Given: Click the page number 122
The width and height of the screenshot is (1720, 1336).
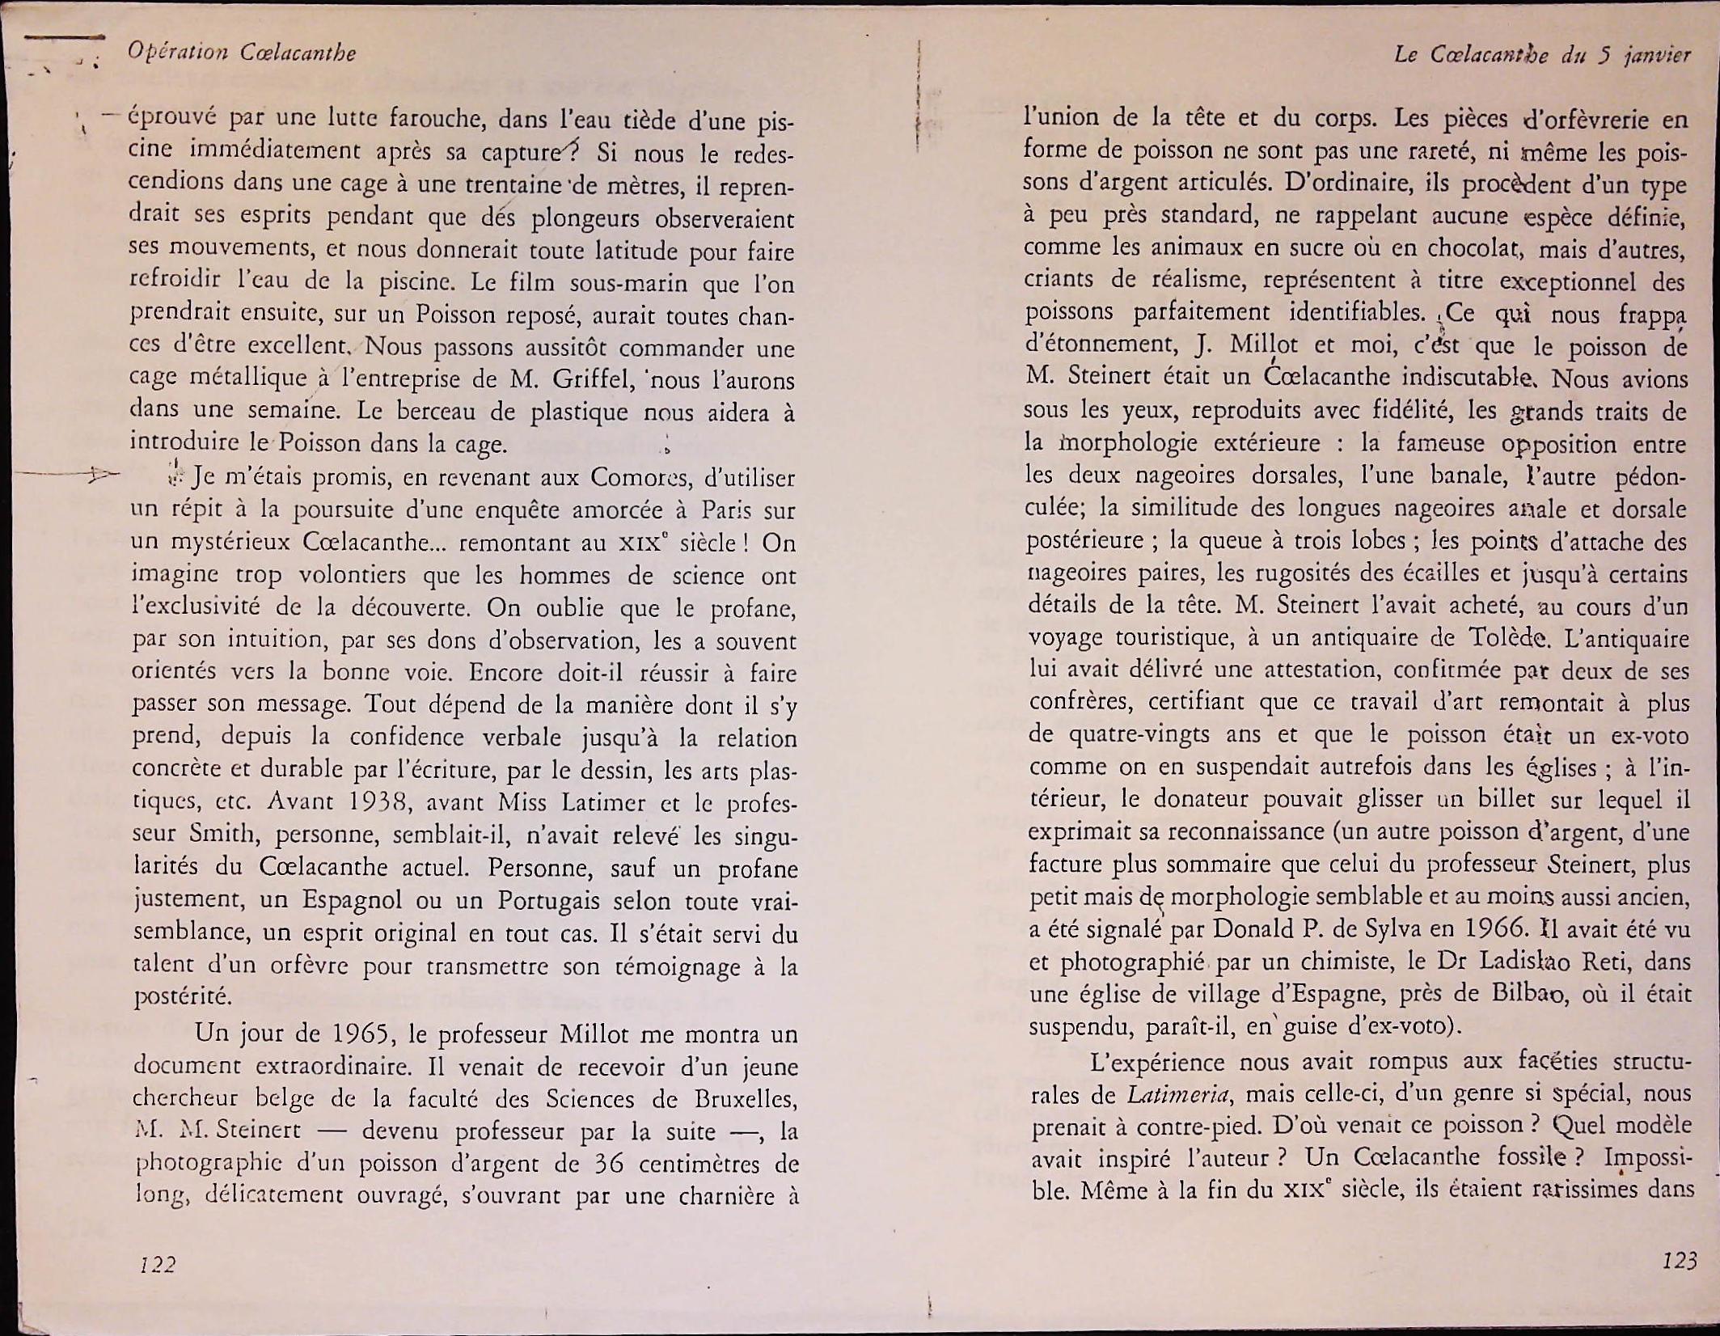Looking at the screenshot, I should tap(157, 1264).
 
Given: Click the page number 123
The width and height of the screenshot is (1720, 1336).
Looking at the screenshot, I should tap(1678, 1260).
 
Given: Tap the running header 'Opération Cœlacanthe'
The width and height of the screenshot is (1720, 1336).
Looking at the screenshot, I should tap(242, 53).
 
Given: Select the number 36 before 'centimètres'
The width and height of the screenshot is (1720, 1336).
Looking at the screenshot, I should tap(611, 1164).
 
